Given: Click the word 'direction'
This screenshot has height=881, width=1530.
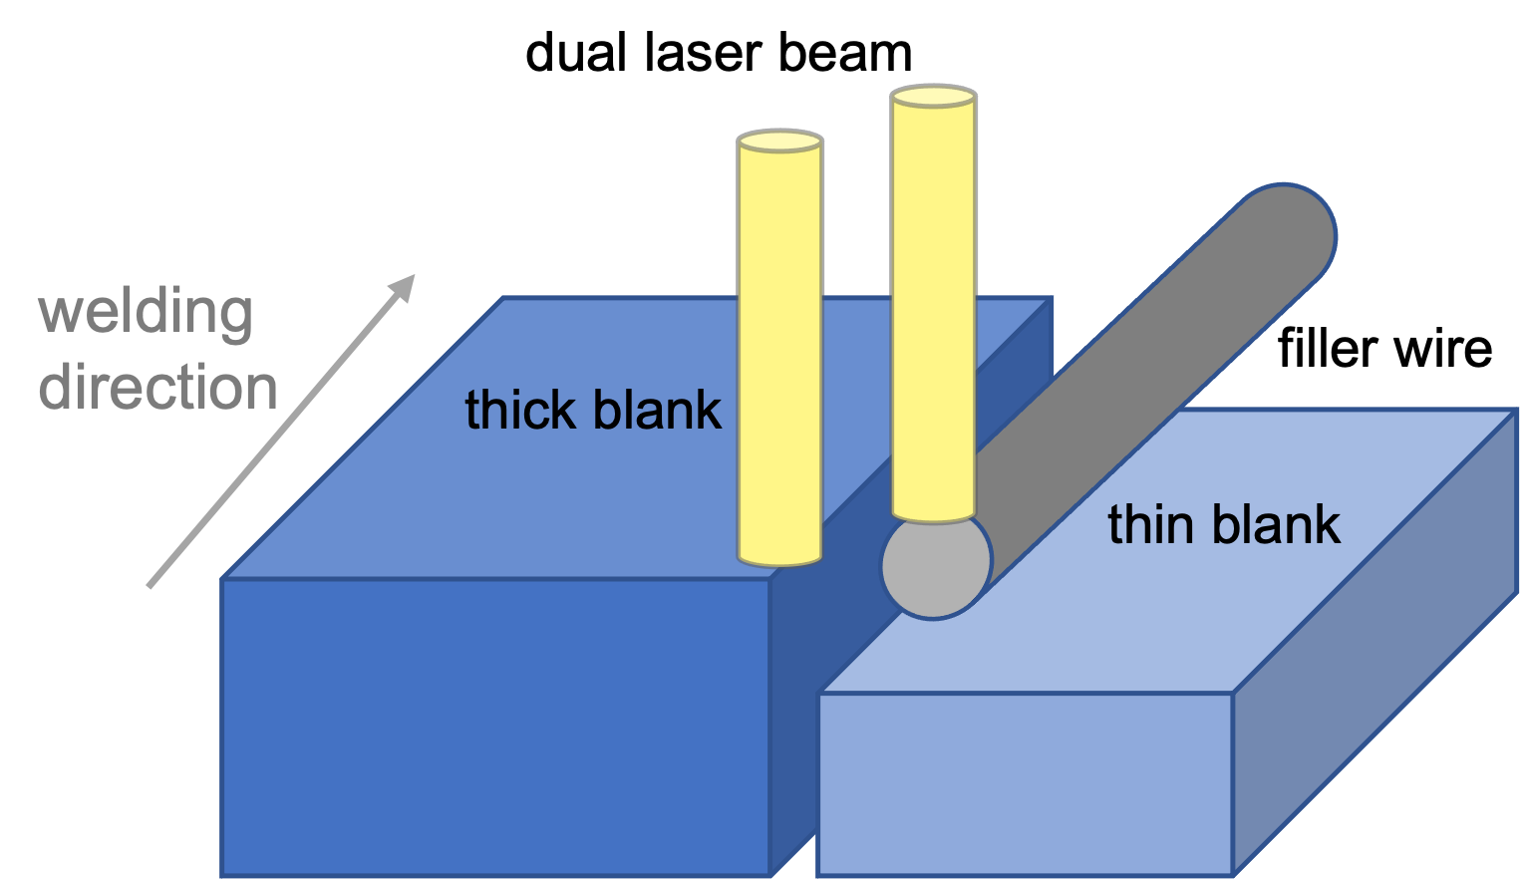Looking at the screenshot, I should tap(157, 388).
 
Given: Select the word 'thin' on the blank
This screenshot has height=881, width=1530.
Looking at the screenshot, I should tap(1151, 524).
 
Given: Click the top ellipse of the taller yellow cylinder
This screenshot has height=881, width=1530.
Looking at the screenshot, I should tap(933, 97).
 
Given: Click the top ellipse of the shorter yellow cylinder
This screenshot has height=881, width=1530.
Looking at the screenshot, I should tap(779, 142).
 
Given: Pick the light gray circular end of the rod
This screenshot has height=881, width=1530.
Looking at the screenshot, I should tap(936, 566).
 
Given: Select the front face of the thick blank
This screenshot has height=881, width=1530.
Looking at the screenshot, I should tap(495, 727).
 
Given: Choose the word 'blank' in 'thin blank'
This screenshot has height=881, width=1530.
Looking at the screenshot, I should tap(1278, 524).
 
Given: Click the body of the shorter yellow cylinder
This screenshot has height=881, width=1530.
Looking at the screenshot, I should tap(779, 349).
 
